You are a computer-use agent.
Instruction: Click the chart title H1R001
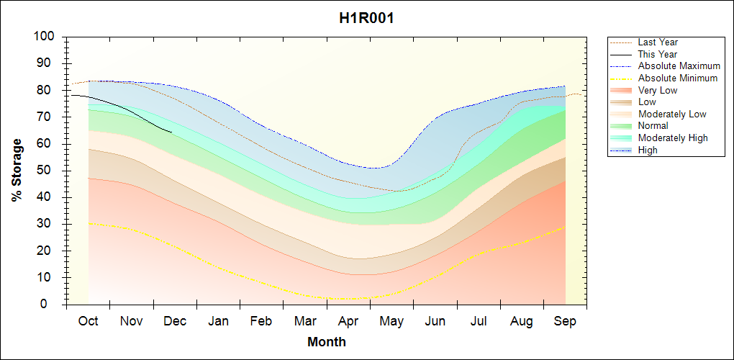point(366,18)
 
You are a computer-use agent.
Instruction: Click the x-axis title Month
point(327,342)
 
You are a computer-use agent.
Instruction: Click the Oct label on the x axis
point(88,321)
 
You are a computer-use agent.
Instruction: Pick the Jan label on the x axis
point(218,321)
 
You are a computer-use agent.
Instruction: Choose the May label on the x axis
point(391,321)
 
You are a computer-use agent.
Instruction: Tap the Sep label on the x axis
point(565,321)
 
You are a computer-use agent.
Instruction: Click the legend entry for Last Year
point(658,42)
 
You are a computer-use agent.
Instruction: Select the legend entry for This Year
point(658,54)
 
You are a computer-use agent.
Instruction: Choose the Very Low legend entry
point(658,90)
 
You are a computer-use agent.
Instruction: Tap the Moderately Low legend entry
point(672,114)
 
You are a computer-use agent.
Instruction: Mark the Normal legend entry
point(653,126)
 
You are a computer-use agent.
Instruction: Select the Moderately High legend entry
point(673,138)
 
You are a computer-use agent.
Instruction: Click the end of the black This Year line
point(171,132)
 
